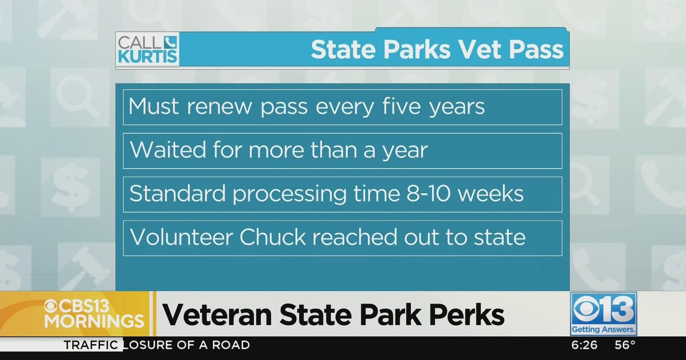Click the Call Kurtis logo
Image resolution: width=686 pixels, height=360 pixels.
(x=147, y=49)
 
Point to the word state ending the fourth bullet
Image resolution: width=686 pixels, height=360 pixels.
(x=497, y=237)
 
